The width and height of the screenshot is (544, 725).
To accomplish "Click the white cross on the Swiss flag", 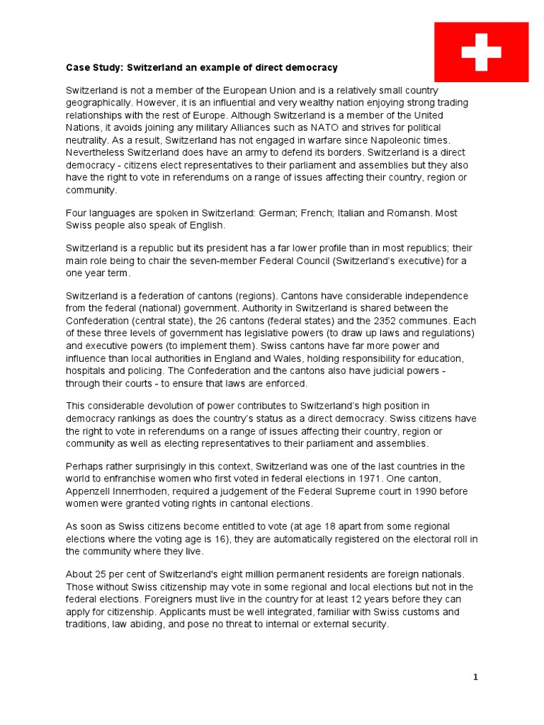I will [481, 51].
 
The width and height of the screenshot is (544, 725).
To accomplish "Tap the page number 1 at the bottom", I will [476, 678].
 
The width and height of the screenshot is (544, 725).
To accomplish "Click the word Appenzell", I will [90, 491].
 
